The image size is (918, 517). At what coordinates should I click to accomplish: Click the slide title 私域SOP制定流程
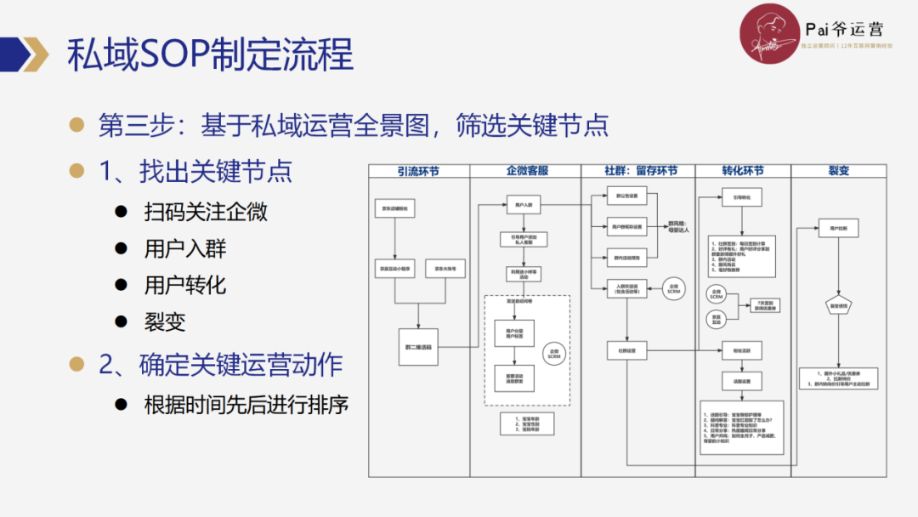click(x=210, y=55)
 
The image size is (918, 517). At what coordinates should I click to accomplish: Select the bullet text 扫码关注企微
click(x=206, y=212)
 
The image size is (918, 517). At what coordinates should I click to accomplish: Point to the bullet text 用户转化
click(x=185, y=285)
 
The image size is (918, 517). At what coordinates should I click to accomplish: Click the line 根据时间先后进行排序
click(x=246, y=404)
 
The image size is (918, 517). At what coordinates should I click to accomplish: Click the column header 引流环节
click(x=418, y=171)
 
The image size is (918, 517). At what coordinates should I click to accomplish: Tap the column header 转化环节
click(x=742, y=171)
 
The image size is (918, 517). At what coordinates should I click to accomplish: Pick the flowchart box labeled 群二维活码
click(x=418, y=347)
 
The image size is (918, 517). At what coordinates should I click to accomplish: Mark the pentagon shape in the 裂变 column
click(x=837, y=305)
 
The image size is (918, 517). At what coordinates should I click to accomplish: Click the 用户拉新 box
click(x=837, y=228)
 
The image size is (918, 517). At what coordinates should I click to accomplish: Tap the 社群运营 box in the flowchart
click(x=627, y=349)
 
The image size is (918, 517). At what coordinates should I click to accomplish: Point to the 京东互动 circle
click(x=716, y=319)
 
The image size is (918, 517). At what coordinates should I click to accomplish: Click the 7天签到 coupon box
click(x=762, y=304)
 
